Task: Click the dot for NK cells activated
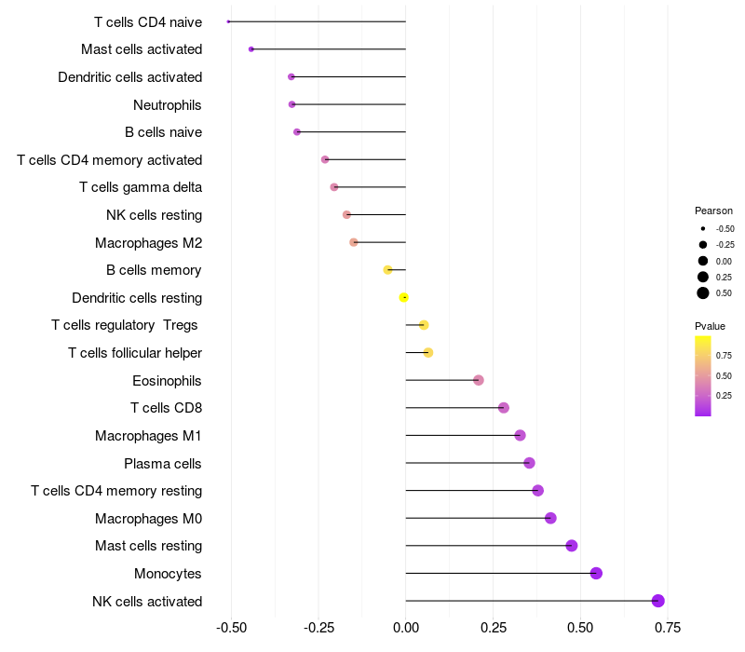(658, 601)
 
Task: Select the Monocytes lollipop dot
(596, 573)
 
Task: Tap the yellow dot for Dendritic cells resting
(404, 297)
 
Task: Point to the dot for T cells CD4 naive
(228, 21)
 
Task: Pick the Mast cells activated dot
(251, 48)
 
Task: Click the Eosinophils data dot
(479, 380)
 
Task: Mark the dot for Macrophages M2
(354, 242)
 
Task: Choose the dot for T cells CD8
(504, 408)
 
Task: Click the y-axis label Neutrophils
(168, 104)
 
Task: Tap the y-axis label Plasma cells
(163, 463)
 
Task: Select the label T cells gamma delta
(141, 187)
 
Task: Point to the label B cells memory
(154, 270)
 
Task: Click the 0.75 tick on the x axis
(667, 627)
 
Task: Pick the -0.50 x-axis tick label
(231, 627)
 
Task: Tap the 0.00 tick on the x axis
(406, 627)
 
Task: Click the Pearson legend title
(713, 211)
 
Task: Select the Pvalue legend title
(710, 326)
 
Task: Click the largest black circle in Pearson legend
(703, 293)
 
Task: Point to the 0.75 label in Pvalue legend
(724, 355)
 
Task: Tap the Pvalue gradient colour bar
(703, 375)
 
